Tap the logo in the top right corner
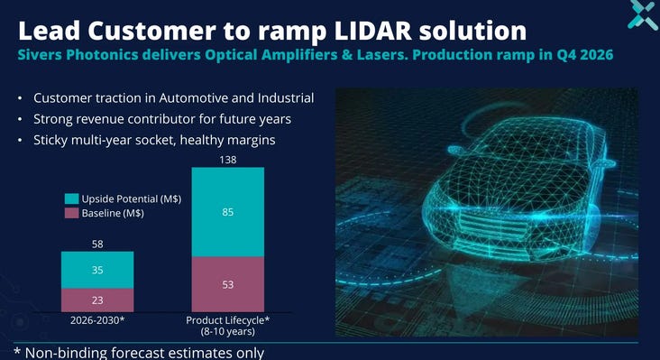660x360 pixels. coord(643,14)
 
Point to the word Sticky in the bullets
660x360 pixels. coord(50,140)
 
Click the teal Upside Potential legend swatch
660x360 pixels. coord(71,198)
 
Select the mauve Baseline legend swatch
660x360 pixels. coord(71,213)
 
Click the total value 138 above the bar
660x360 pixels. coord(228,160)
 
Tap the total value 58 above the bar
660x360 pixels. coord(97,245)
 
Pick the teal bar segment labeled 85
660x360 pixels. coord(228,212)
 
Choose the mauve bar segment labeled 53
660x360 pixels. coord(228,284)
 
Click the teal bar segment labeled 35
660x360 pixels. coord(97,270)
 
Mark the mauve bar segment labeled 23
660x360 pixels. coord(97,300)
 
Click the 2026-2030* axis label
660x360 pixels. coord(97,320)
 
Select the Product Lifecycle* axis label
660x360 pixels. coord(228,320)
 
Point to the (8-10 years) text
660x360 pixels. coord(228,331)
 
